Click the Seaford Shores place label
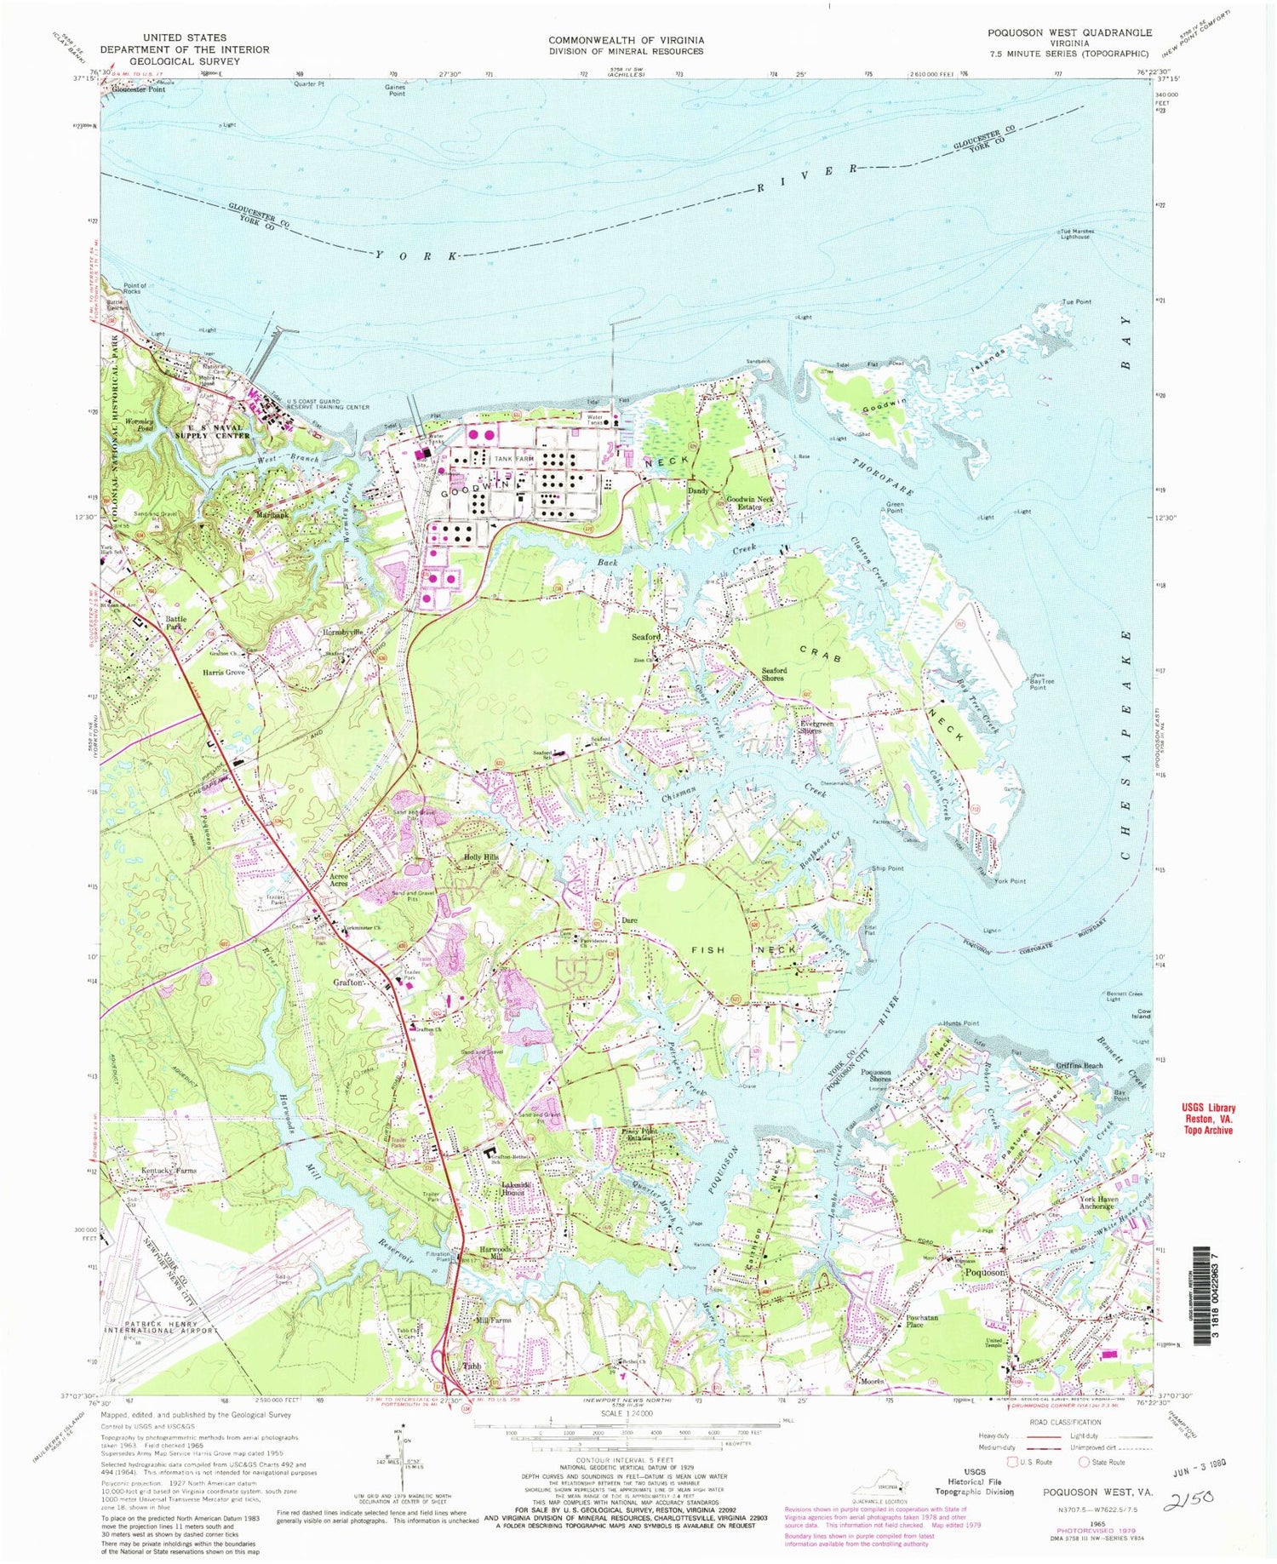[774, 674]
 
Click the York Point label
[1011, 881]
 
